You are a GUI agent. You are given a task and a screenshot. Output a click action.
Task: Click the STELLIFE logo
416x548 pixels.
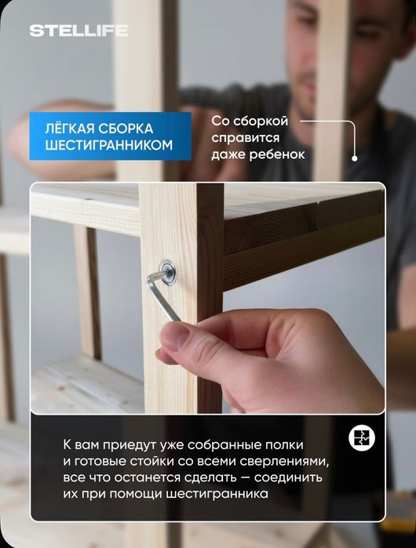[78, 31]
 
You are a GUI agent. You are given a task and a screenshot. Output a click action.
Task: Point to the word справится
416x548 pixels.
[245, 138]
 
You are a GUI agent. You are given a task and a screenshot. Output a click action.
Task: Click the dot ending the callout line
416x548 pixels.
[355, 157]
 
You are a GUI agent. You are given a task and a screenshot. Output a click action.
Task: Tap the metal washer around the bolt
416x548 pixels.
[166, 271]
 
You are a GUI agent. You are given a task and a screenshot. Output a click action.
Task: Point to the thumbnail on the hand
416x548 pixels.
[174, 338]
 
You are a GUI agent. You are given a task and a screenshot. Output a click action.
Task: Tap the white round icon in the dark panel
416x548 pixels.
[362, 438]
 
